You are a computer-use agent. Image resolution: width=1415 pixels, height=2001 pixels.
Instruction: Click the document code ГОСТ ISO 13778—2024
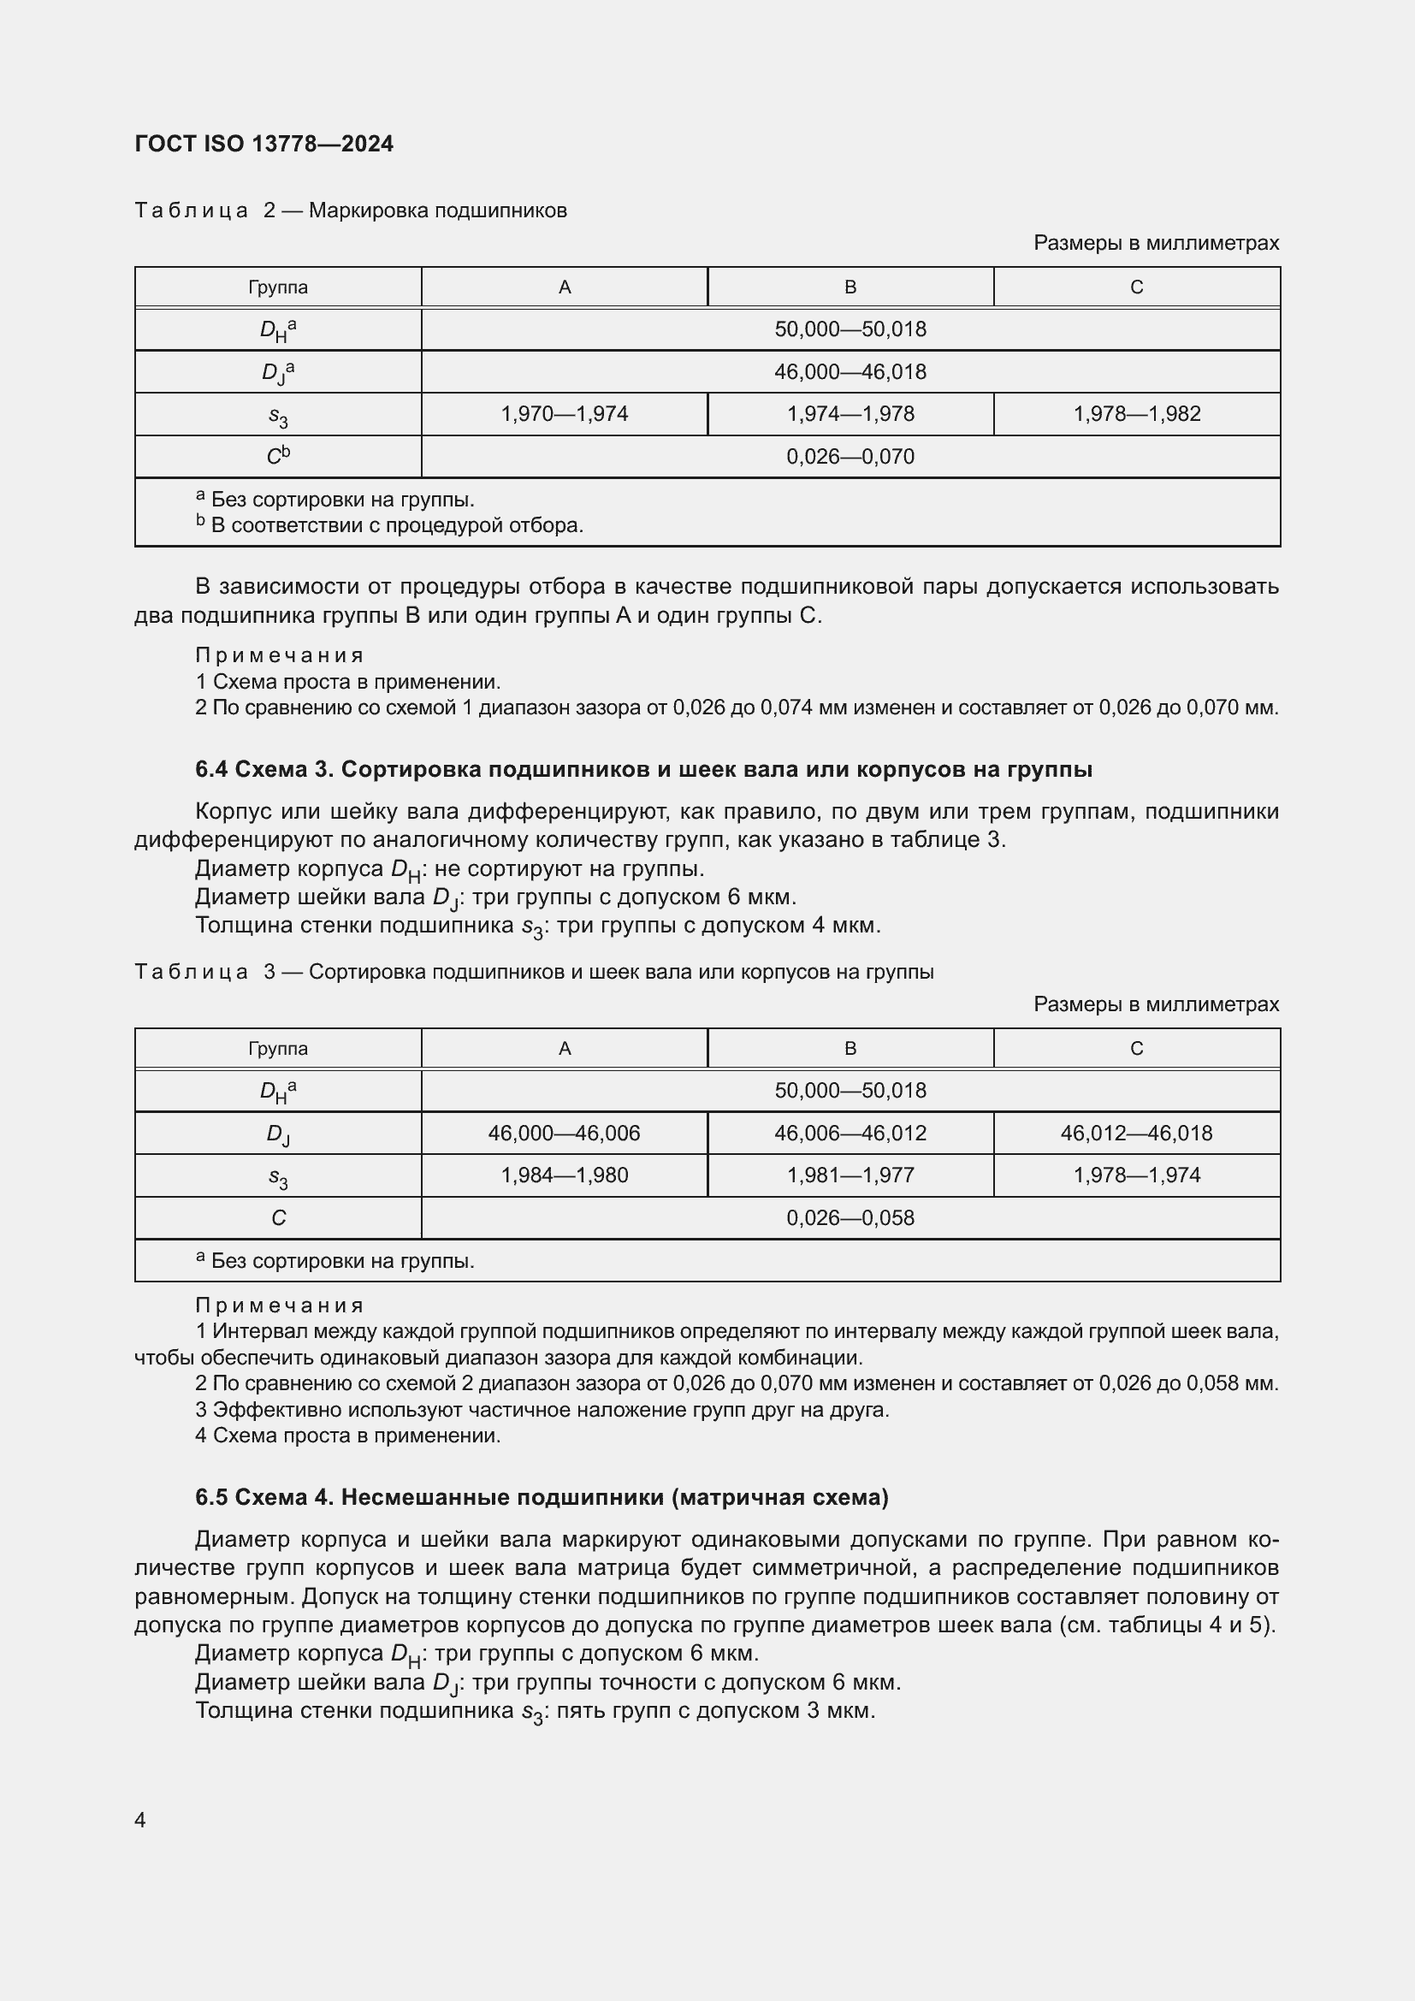pos(264,144)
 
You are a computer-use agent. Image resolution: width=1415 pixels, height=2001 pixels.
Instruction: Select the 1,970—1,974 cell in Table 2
pos(564,414)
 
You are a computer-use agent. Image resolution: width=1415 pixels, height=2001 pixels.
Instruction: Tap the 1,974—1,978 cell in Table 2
pos(850,414)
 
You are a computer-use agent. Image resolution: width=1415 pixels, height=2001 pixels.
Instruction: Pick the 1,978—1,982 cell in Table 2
pos(1136,414)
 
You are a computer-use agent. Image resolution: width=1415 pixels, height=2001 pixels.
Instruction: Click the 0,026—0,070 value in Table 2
pos(850,457)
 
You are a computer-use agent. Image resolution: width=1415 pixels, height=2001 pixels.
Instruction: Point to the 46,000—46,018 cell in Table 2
pos(850,372)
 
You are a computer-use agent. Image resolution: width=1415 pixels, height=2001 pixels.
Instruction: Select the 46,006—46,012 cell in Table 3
pos(850,1133)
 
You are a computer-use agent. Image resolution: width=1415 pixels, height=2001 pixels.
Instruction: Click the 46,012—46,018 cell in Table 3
pos(1136,1133)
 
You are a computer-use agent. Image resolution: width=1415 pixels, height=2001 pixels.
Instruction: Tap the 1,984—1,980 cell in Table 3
pos(564,1175)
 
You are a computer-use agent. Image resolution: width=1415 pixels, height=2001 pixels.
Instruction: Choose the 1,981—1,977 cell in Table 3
pos(850,1175)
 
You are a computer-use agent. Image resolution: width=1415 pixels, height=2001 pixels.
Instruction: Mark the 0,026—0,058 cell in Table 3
pos(850,1217)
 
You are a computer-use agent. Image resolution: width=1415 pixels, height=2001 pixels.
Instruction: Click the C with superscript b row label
pos(278,456)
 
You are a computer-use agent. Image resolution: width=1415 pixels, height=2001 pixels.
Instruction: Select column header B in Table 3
pos(850,1049)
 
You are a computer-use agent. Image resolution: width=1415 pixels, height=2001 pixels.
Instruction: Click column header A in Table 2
pos(564,287)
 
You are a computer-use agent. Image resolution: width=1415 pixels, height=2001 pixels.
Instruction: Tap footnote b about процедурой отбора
pos(389,525)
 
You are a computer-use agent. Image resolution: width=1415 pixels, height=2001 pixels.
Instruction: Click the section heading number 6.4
pos(211,770)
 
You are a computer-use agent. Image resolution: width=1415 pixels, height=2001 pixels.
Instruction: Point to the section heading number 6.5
pos(211,1497)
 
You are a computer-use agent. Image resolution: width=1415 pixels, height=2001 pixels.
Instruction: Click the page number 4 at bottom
pos(140,1820)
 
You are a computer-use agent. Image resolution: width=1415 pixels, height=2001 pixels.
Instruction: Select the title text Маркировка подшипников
pos(437,211)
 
